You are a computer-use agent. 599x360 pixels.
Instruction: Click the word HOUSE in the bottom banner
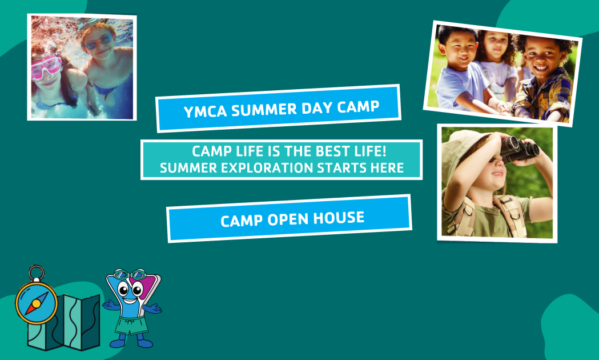click(339, 218)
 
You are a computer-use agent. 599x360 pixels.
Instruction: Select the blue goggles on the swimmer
click(99, 41)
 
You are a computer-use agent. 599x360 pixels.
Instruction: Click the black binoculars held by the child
click(519, 149)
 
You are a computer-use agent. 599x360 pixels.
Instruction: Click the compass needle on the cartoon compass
click(37, 303)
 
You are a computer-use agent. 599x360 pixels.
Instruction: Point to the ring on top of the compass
click(37, 274)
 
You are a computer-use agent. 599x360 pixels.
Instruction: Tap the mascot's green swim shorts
click(132, 326)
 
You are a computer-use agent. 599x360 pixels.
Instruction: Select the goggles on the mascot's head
click(130, 274)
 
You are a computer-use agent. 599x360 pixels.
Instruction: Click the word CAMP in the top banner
click(359, 107)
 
